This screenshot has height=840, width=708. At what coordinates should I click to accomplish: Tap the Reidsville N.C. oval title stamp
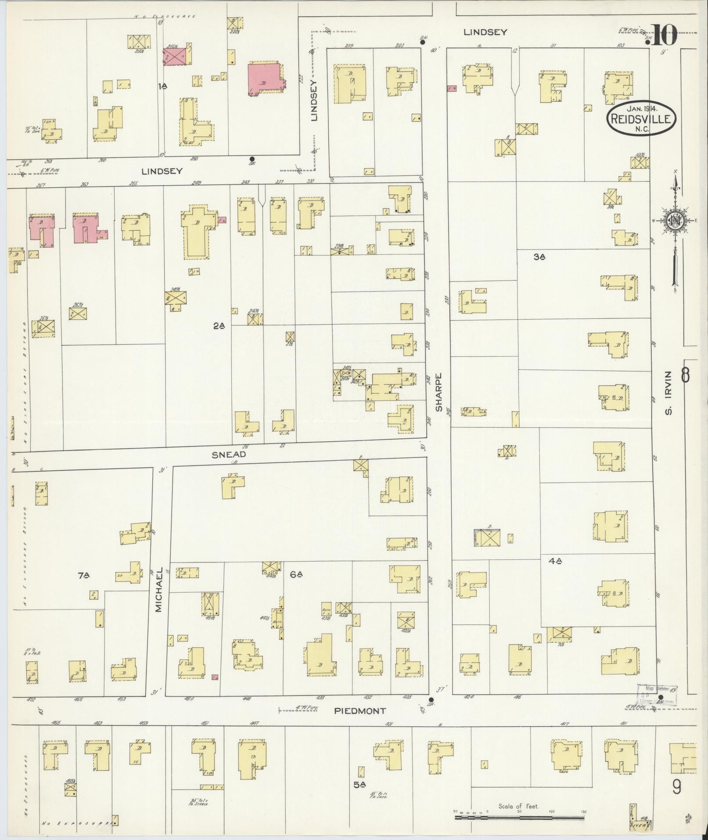pyautogui.click(x=642, y=119)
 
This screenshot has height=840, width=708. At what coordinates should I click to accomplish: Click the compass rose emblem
pyautogui.click(x=675, y=222)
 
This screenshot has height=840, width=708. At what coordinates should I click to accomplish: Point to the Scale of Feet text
pyautogui.click(x=518, y=806)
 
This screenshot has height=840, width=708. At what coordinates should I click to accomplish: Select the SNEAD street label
pyautogui.click(x=228, y=454)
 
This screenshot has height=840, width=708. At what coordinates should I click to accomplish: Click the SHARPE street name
pyautogui.click(x=438, y=392)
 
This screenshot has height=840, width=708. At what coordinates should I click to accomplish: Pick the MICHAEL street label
pyautogui.click(x=159, y=590)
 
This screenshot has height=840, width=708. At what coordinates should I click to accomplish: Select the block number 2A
pyautogui.click(x=219, y=325)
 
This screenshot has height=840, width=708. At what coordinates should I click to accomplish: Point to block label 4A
pyautogui.click(x=555, y=561)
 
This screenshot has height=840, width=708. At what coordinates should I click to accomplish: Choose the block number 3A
pyautogui.click(x=539, y=257)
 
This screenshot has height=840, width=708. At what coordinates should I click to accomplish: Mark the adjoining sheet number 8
pyautogui.click(x=685, y=376)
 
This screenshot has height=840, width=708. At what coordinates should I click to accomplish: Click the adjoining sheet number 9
pyautogui.click(x=676, y=787)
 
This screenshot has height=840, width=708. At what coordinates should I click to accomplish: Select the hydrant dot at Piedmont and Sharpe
pyautogui.click(x=431, y=700)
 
